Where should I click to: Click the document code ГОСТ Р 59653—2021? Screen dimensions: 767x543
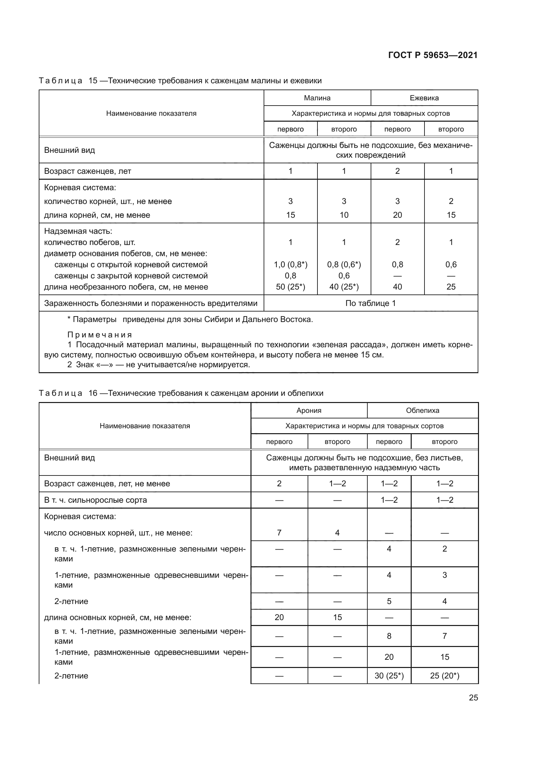click(433, 55)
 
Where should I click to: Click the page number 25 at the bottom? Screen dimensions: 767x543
click(473, 697)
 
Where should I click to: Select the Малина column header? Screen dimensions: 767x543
click(317, 98)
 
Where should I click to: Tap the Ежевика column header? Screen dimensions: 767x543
click(424, 98)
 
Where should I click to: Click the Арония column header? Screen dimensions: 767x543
click(309, 411)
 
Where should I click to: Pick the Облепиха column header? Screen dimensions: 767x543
click(422, 411)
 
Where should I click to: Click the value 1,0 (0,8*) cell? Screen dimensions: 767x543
click(290, 265)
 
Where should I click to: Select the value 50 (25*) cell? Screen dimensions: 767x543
click(290, 287)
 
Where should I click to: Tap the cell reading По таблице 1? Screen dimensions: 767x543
click(370, 303)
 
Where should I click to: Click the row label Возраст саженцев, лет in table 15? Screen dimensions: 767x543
click(88, 172)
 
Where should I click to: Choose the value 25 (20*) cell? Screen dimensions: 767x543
click(445, 676)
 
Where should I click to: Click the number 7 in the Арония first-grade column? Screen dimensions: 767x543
click(279, 533)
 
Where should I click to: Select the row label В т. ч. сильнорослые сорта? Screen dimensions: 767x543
click(95, 500)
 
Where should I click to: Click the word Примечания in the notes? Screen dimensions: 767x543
click(100, 335)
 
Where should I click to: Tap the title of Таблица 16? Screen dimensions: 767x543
click(181, 393)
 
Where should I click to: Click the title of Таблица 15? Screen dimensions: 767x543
click(180, 81)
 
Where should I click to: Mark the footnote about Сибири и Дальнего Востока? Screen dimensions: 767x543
click(190, 319)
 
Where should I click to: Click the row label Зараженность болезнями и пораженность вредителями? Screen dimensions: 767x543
click(150, 303)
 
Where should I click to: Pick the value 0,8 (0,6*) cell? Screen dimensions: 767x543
click(344, 265)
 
